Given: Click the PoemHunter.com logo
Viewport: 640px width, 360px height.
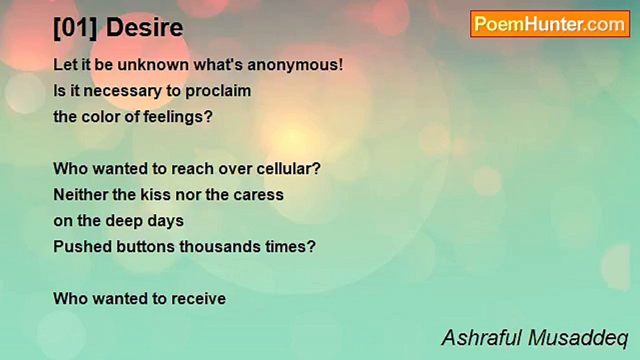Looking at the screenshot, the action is point(550,24).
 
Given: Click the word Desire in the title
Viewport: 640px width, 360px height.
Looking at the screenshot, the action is point(144,27).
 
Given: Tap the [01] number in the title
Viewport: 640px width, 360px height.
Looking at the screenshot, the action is point(75,28).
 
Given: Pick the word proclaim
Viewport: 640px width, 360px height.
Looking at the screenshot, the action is point(218,91).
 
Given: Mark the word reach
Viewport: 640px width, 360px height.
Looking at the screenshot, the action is point(192,168).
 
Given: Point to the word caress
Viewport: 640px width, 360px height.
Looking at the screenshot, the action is point(258,195).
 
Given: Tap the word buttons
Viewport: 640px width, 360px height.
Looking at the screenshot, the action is point(145,246).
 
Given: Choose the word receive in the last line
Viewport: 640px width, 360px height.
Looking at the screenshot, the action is point(198,299).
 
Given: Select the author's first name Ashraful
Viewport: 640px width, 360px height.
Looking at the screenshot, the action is point(481,337).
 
